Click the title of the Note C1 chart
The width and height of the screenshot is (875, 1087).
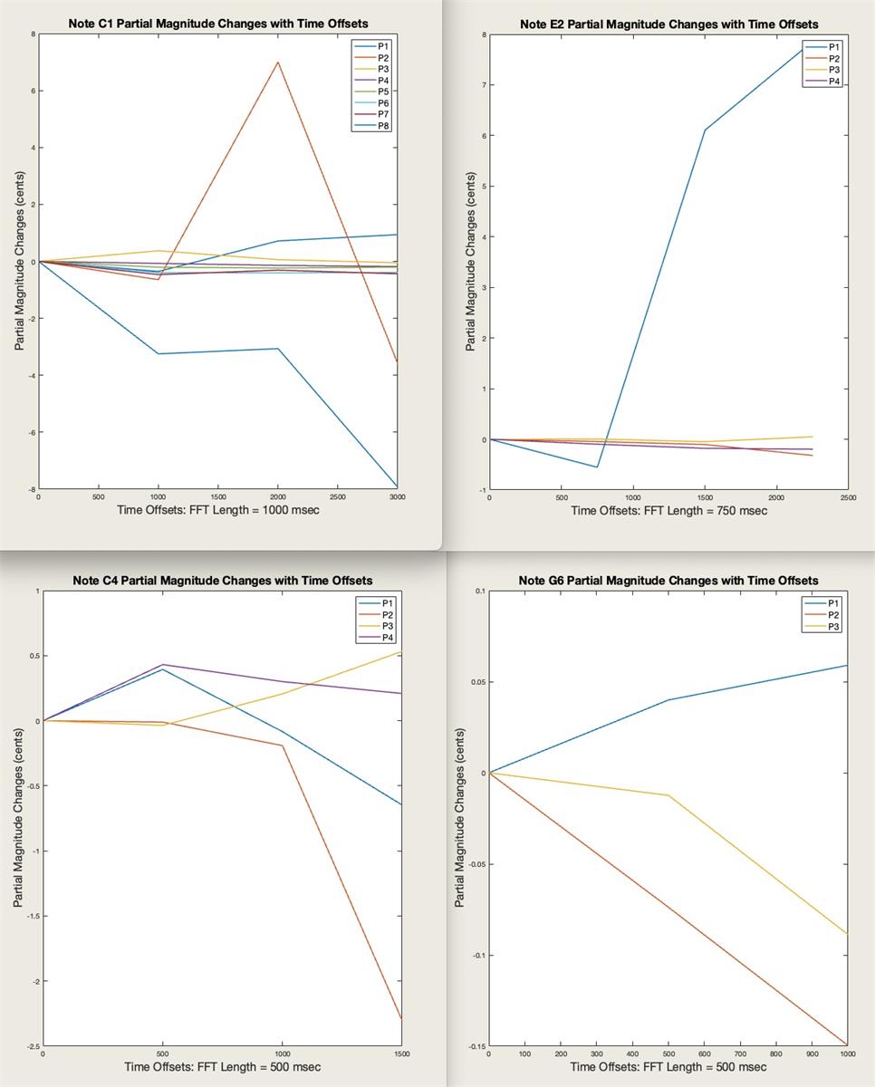tap(218, 24)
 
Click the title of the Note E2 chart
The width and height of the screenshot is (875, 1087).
tap(668, 24)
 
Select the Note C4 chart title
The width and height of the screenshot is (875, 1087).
tap(222, 581)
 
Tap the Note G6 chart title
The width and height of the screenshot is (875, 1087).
tap(668, 581)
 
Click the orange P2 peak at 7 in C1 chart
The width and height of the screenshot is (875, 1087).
tap(277, 62)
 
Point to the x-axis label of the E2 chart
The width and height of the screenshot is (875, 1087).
tap(668, 511)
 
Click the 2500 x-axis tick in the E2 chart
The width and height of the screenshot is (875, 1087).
tap(848, 497)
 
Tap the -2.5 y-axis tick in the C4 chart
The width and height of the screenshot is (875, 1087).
tap(33, 1047)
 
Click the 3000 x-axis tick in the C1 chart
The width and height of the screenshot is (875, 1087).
tap(397, 497)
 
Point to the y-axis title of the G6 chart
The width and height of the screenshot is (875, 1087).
tap(460, 818)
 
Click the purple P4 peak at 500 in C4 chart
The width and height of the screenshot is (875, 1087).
tap(162, 665)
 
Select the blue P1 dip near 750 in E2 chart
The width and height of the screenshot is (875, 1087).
tap(597, 467)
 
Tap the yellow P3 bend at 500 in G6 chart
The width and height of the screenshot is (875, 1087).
tap(668, 795)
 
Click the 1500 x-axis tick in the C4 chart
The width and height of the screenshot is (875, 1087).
tap(401, 1054)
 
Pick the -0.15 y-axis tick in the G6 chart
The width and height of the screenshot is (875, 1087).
tap(475, 1046)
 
